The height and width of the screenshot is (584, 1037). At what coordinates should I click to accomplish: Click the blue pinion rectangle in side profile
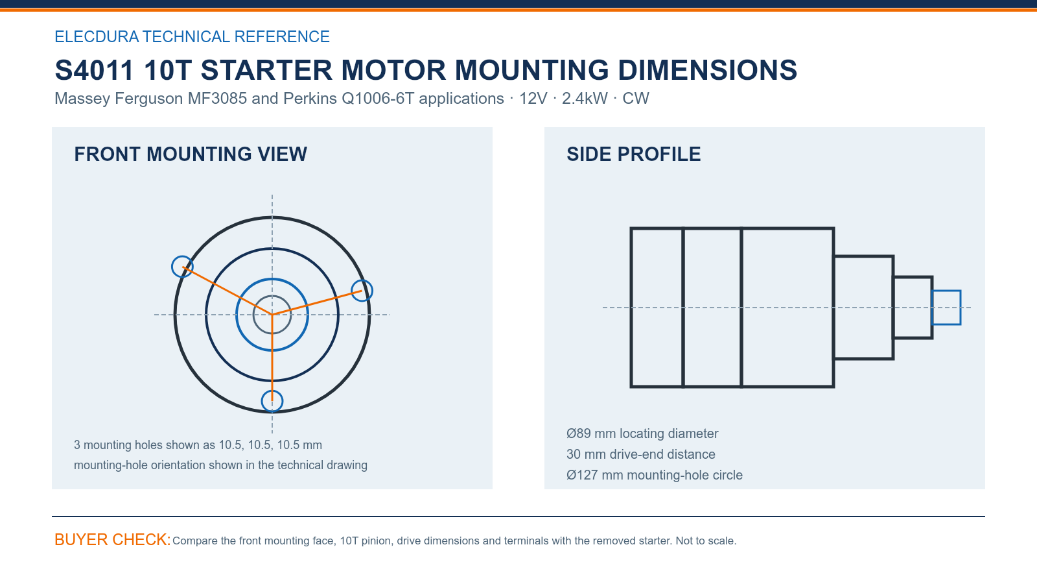pyautogui.click(x=946, y=291)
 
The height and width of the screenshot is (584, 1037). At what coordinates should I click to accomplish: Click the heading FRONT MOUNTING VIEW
pyautogui.click(x=191, y=154)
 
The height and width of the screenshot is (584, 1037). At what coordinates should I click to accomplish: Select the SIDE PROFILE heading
pyautogui.click(x=633, y=154)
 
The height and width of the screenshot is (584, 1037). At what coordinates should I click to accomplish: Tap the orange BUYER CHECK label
pyautogui.click(x=113, y=539)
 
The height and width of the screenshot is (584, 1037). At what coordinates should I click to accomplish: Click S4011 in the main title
pyautogui.click(x=94, y=70)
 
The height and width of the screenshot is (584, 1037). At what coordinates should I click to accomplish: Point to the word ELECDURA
pyautogui.click(x=97, y=36)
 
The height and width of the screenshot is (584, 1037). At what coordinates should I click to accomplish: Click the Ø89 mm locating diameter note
pyautogui.click(x=642, y=433)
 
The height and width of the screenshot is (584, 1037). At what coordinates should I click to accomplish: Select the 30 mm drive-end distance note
pyautogui.click(x=641, y=454)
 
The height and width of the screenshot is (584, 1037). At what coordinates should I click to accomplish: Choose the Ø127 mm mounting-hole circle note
pyautogui.click(x=654, y=475)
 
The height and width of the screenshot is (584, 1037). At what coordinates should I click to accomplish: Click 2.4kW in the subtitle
pyautogui.click(x=585, y=98)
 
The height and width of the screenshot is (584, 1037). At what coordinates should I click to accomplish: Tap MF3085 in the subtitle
pyautogui.click(x=217, y=98)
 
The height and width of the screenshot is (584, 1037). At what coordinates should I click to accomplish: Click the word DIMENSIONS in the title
pyautogui.click(x=707, y=70)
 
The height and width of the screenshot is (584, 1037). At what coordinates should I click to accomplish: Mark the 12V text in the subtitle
pyautogui.click(x=533, y=98)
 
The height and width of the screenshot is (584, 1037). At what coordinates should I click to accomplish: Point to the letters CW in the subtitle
pyautogui.click(x=636, y=98)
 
